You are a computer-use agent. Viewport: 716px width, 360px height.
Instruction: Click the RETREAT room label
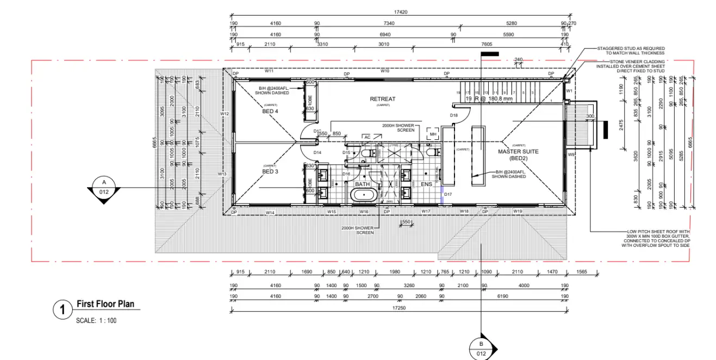(x=383, y=99)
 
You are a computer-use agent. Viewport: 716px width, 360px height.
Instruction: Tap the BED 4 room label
(x=270, y=111)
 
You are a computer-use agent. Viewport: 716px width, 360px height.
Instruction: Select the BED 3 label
(x=270, y=172)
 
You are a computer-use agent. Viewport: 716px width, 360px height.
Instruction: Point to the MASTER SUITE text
(x=518, y=152)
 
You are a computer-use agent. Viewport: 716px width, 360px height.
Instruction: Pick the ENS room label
(x=426, y=184)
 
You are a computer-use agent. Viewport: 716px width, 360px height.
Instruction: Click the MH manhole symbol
(x=433, y=134)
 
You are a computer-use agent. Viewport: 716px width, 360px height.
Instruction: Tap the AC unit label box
(x=367, y=137)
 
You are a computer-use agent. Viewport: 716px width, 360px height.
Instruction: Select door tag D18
(x=453, y=115)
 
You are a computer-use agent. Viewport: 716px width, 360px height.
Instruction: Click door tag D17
(x=448, y=194)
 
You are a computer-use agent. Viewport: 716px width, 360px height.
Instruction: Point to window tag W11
(x=269, y=71)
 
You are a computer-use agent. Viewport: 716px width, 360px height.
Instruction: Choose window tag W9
(x=571, y=155)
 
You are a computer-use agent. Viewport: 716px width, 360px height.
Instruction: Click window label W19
(x=518, y=211)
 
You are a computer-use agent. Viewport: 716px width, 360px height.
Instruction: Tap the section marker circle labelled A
(x=104, y=187)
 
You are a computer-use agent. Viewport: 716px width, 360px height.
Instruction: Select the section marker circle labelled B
(x=481, y=349)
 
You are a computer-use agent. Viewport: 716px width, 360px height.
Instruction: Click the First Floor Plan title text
(x=105, y=305)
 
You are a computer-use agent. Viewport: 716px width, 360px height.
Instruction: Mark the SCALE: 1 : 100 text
(x=96, y=320)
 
